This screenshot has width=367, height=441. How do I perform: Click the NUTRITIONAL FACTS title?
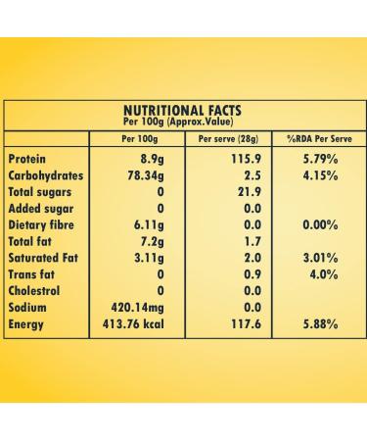pos(183,110)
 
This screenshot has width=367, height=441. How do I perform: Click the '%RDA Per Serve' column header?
pos(319,138)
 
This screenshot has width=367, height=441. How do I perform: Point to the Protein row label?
pos(26,158)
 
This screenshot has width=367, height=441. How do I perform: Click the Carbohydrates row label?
pos(45,174)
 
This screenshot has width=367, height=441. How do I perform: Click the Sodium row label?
pos(26,307)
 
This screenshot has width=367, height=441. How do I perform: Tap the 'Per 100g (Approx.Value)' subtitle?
pos(183,122)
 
